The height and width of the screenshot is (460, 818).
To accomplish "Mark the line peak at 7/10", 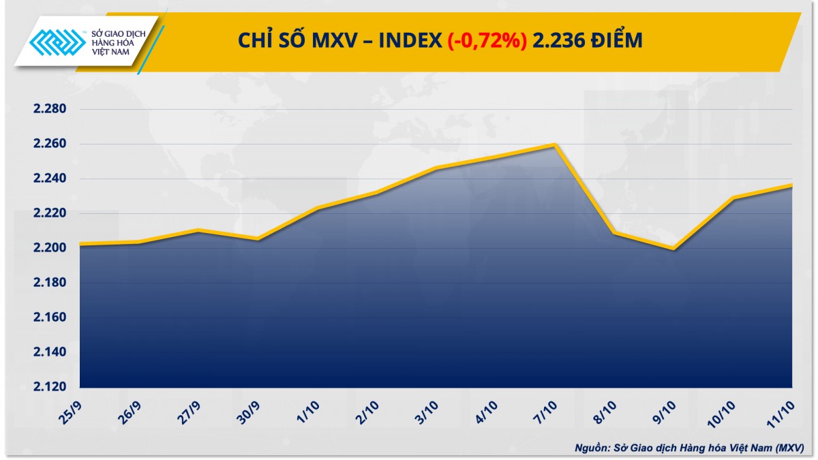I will click(555, 144).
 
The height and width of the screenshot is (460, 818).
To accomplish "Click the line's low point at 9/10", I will click(673, 249).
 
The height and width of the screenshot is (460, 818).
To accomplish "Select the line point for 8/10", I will click(614, 233).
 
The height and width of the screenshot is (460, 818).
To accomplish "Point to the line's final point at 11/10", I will click(792, 185).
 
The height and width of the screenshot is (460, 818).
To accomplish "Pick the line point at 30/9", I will click(258, 239).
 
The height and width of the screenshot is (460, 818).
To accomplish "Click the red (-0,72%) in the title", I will click(487, 42).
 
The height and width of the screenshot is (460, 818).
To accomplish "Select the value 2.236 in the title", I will click(558, 42).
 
